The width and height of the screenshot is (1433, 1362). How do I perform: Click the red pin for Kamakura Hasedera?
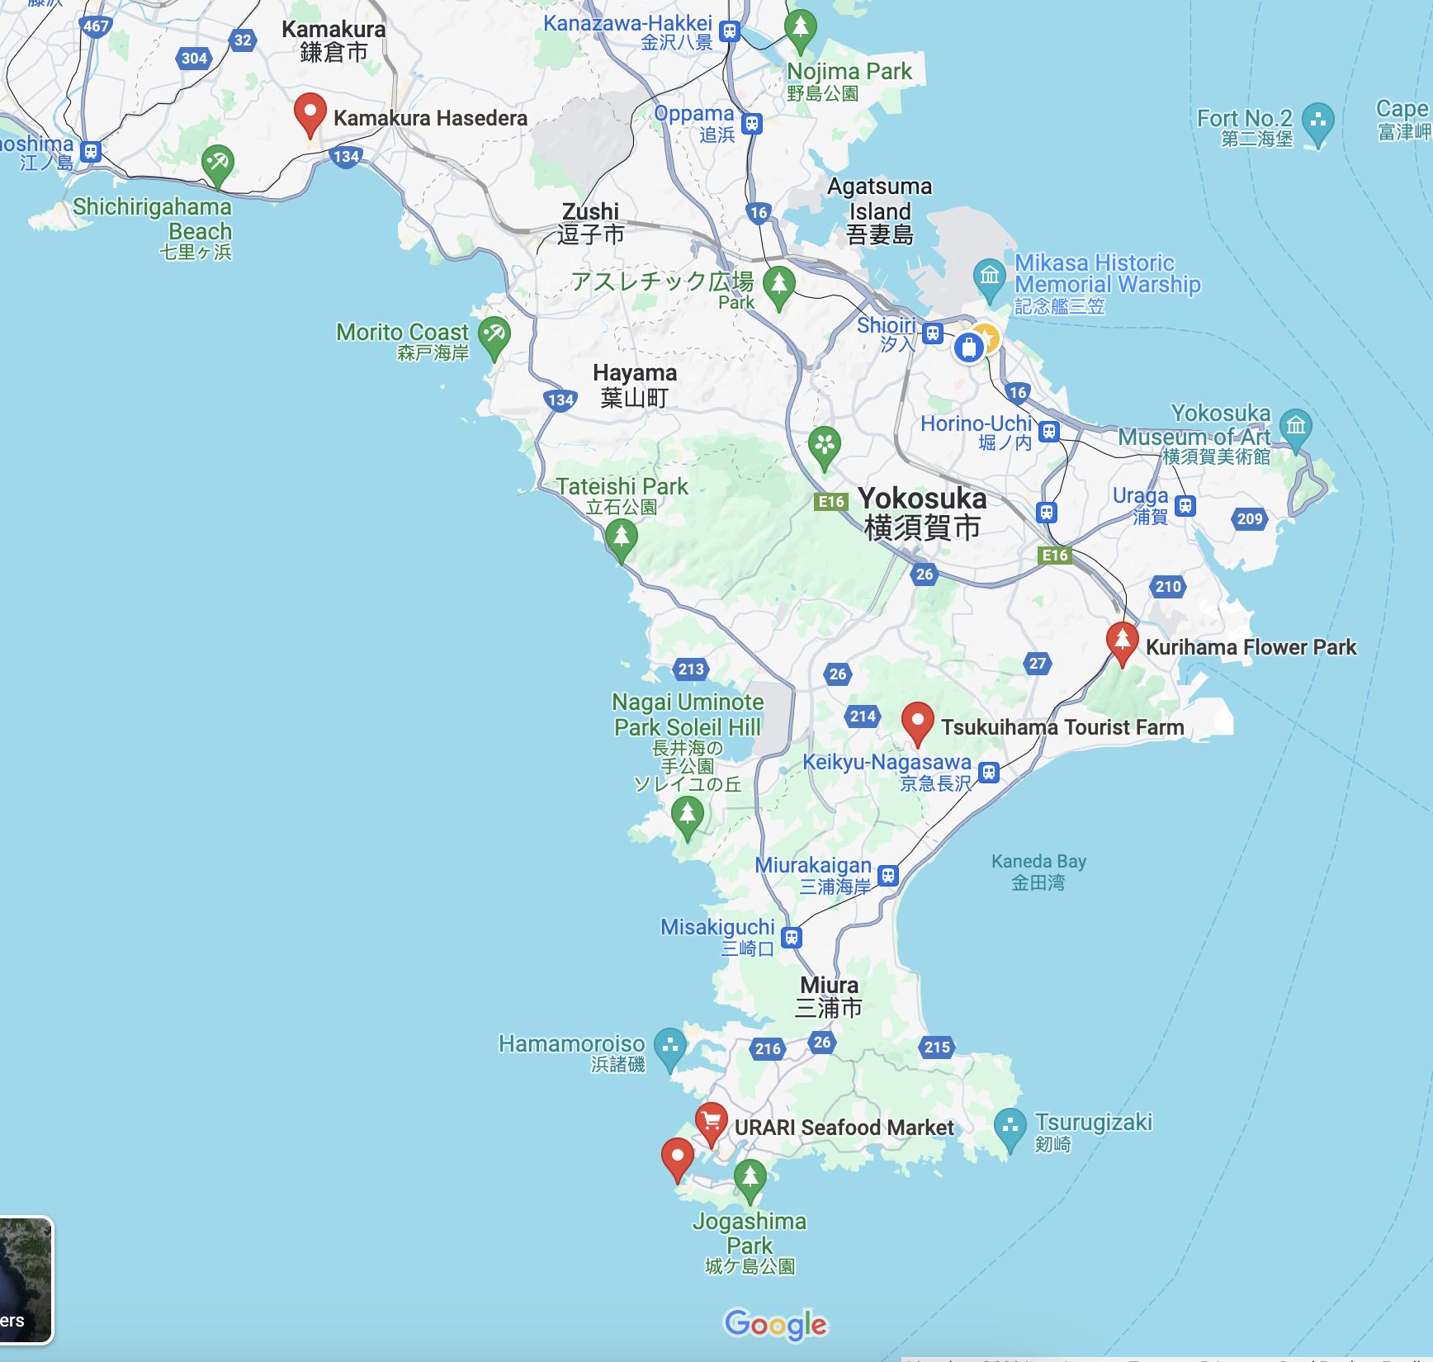310,114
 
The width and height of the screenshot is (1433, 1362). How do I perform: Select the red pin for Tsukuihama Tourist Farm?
917,722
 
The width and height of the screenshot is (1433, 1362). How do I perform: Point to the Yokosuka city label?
922,513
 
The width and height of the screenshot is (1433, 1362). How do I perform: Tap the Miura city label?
830,996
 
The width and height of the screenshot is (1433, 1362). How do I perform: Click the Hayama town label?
635,385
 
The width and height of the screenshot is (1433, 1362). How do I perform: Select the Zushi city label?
590,223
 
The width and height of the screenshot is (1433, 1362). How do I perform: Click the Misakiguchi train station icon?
792,938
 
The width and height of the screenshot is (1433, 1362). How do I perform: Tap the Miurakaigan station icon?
888,875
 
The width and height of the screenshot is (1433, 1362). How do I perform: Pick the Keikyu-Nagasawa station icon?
989,773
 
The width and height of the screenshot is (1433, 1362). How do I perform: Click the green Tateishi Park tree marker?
621,537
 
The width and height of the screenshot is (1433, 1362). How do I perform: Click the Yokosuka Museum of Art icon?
1295,427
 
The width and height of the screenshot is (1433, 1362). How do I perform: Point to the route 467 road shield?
97,26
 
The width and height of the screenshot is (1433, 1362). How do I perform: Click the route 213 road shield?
691,669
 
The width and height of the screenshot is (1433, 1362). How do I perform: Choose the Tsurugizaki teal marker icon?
1010,1127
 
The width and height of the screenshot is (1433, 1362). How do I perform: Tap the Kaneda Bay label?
1038,872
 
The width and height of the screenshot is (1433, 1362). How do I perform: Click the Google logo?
776,1324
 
